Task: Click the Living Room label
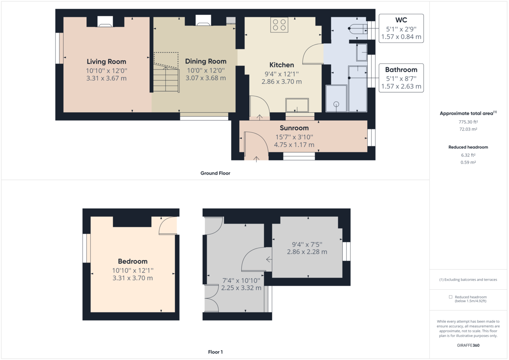click(106, 62)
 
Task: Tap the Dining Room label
click(206, 61)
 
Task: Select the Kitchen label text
click(282, 65)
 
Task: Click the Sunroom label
click(294, 128)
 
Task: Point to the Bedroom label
click(132, 262)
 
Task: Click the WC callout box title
click(401, 20)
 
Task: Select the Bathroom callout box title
click(401, 70)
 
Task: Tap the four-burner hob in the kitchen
click(280, 25)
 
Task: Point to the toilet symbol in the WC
click(356, 28)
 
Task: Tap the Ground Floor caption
click(215, 173)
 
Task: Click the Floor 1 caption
click(215, 352)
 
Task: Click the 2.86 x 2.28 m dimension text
click(307, 252)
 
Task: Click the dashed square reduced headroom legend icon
click(450, 297)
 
